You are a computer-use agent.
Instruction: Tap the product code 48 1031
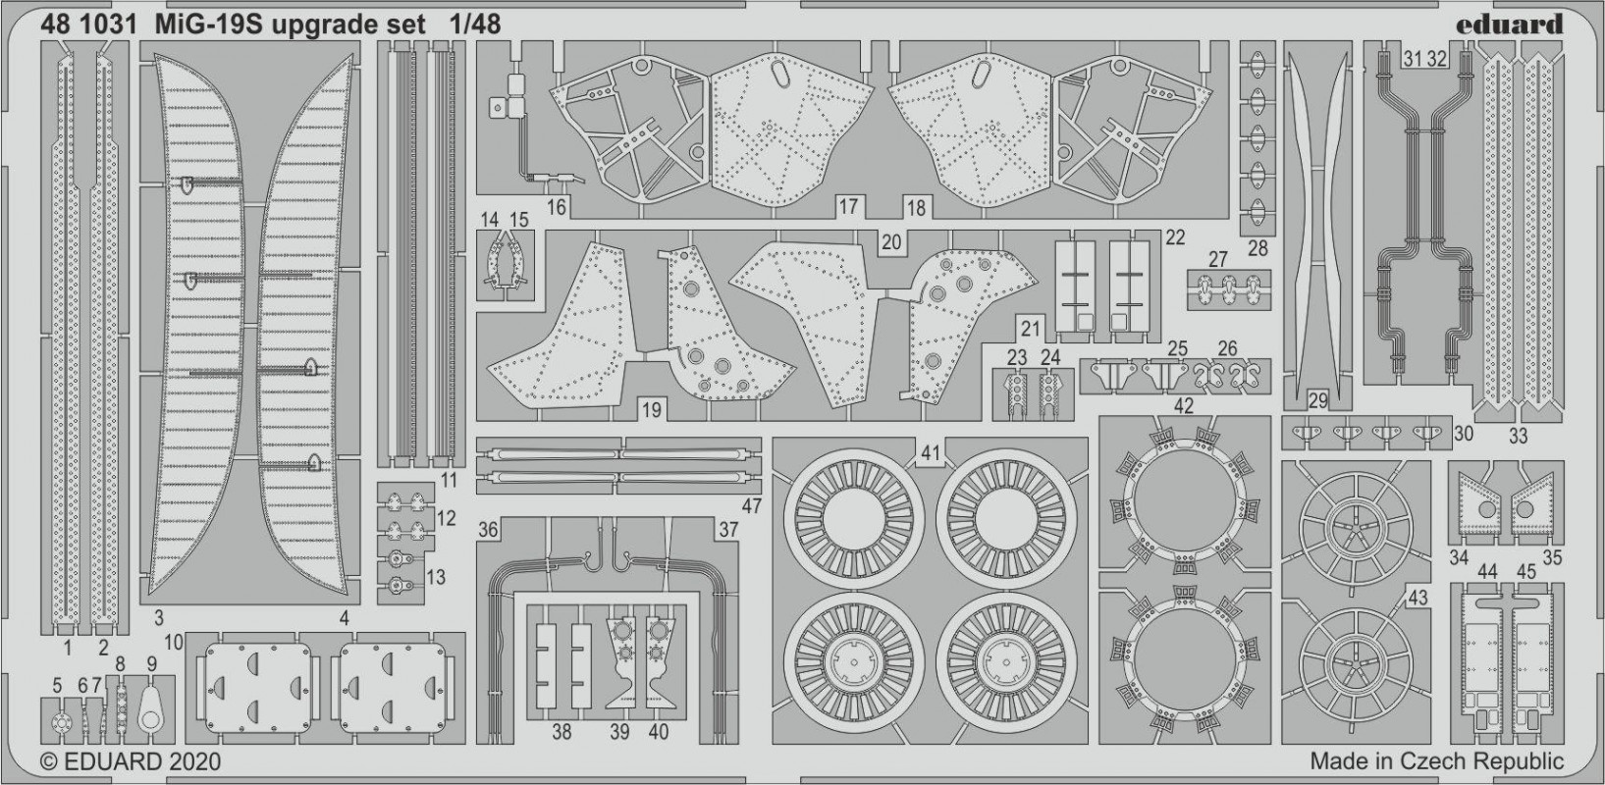[89, 25]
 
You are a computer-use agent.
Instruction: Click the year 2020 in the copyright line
[195, 761]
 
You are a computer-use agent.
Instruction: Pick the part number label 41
[930, 453]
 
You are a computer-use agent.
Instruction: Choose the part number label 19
[651, 410]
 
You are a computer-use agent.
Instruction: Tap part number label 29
[1317, 401]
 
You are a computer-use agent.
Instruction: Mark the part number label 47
[751, 506]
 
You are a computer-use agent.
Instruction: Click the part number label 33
[1518, 436]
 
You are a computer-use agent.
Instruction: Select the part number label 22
[1175, 237]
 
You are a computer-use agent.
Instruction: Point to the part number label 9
[151, 664]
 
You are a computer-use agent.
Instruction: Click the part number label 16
[556, 208]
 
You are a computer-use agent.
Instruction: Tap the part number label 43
[1418, 598]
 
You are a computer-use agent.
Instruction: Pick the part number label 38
[562, 732]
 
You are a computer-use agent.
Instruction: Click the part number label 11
[448, 480]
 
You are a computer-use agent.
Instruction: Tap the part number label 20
[891, 242]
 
